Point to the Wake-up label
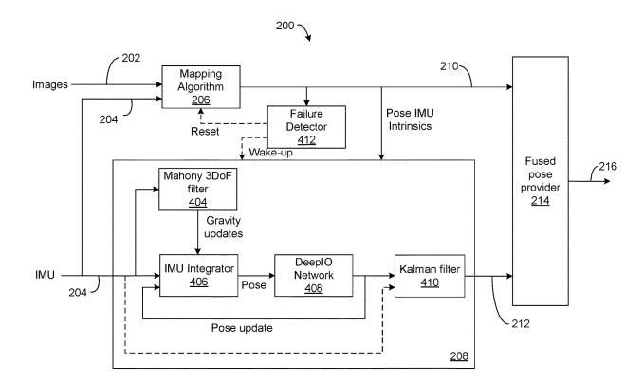pyautogui.click(x=270, y=153)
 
